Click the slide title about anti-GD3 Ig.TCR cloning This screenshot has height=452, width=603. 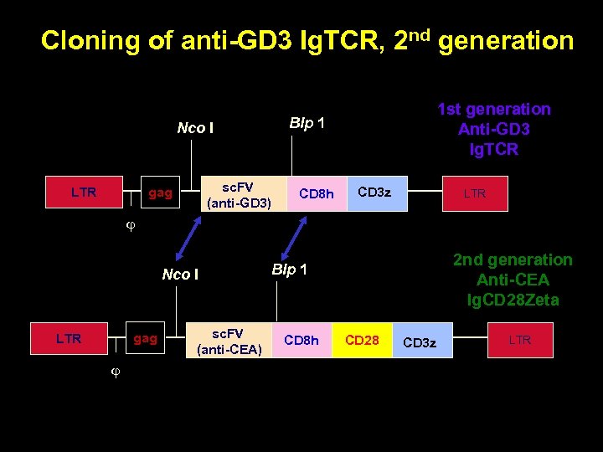point(307,40)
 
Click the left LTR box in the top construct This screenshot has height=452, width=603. point(84,193)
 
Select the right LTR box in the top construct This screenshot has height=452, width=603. point(475,193)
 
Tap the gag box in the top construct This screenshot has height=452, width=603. point(160,193)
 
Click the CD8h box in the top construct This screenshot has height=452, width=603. point(316,193)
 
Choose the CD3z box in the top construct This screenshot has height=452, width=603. point(375,193)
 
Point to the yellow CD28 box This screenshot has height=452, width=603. point(362,340)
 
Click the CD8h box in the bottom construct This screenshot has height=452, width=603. point(301,340)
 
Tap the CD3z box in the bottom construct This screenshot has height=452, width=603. point(420,342)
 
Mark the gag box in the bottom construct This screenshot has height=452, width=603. point(145,339)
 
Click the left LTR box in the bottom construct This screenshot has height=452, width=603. point(69,339)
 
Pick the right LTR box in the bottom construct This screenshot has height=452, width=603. point(520,339)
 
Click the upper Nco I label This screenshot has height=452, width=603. point(195,128)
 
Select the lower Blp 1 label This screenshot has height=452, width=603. point(289,270)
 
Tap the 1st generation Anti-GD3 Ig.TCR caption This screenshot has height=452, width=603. point(493,130)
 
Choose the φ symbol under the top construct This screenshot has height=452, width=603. point(128,225)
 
